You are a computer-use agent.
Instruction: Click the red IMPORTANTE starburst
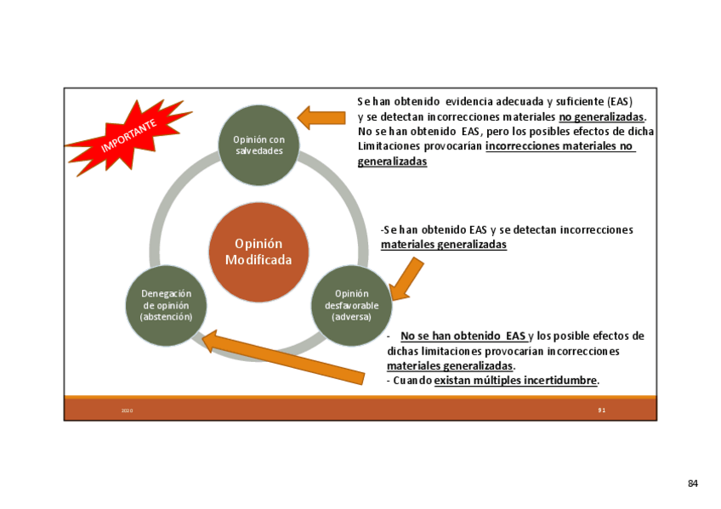click(x=127, y=136)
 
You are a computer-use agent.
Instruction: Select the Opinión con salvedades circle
click(x=258, y=145)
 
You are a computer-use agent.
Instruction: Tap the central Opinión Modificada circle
click(x=258, y=252)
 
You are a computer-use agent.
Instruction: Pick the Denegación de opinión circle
click(x=166, y=305)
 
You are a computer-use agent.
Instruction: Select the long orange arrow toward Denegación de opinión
click(x=289, y=356)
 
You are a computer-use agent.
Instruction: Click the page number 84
click(x=693, y=484)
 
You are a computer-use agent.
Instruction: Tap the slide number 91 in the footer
click(x=601, y=410)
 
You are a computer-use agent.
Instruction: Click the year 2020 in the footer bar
click(x=127, y=410)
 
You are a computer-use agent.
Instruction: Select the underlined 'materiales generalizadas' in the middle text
click(x=443, y=245)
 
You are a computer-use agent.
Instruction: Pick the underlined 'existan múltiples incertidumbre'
click(x=515, y=381)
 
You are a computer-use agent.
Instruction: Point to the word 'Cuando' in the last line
click(x=412, y=381)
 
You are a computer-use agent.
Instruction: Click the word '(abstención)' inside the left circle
click(x=166, y=316)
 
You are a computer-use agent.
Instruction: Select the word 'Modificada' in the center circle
click(x=258, y=260)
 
